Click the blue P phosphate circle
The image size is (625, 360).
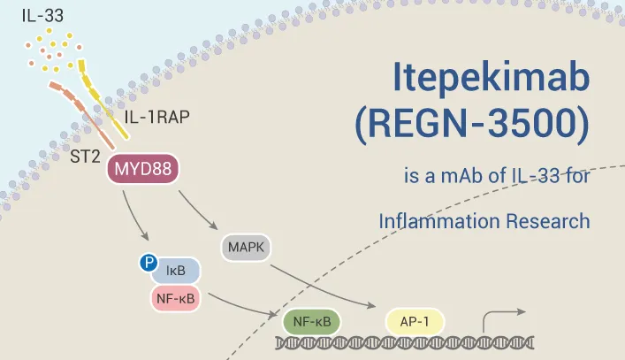(x=149, y=262)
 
